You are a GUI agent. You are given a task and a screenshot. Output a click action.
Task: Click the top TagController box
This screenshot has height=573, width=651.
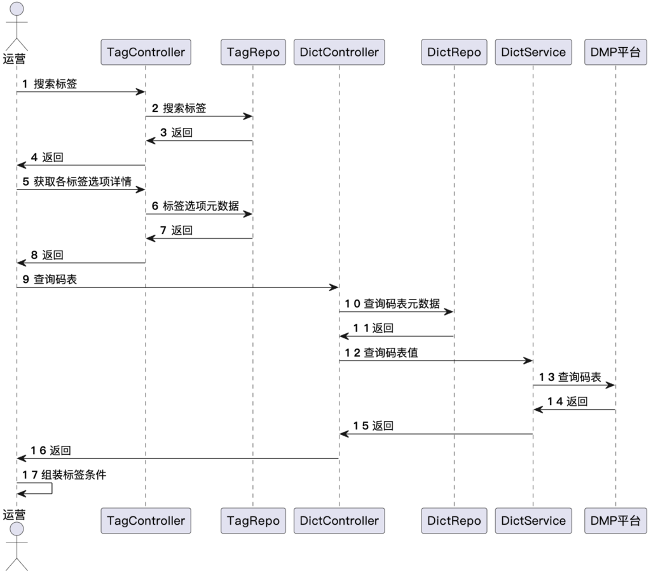pos(146,52)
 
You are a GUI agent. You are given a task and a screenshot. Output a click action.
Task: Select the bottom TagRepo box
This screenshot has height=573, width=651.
pos(253,521)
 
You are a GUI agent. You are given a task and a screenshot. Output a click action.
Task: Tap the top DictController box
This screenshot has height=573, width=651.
pos(339,52)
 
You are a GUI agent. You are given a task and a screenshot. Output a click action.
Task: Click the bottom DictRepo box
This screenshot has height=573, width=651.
pos(454,521)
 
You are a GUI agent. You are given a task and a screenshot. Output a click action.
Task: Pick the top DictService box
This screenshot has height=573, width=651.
pos(533,52)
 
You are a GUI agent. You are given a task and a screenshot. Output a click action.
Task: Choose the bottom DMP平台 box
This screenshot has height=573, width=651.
pos(615,521)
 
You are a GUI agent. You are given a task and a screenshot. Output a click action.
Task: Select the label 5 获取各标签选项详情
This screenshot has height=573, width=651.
pos(77,181)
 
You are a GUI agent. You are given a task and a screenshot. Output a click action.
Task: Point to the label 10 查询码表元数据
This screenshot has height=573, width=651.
pos(393,304)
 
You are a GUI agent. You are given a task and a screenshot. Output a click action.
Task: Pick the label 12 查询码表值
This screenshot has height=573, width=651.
pos(382,353)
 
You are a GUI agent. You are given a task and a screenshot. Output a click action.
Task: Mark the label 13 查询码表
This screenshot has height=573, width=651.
pos(570,377)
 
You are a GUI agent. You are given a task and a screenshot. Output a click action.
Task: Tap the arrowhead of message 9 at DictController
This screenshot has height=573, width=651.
pos(334,287)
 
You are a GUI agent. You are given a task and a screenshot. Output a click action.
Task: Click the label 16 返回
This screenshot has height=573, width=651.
pos(51,450)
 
